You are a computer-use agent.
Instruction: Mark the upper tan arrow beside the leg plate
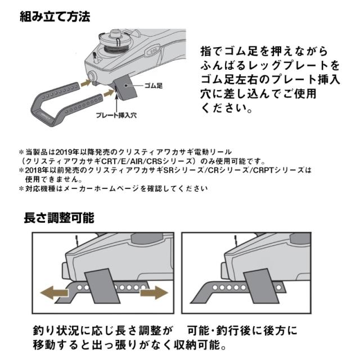[x=85, y=82]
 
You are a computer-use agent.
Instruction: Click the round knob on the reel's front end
[x=91, y=76]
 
